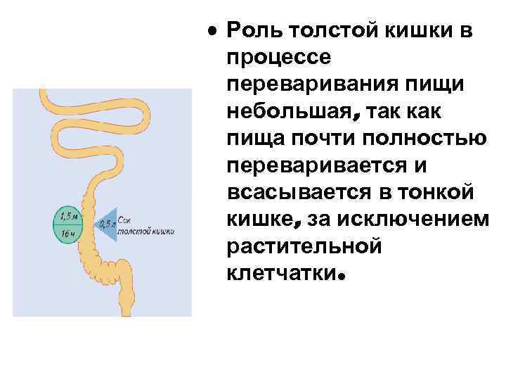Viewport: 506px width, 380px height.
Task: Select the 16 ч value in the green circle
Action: tap(67, 232)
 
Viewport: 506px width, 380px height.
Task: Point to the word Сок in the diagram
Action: tap(126, 219)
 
